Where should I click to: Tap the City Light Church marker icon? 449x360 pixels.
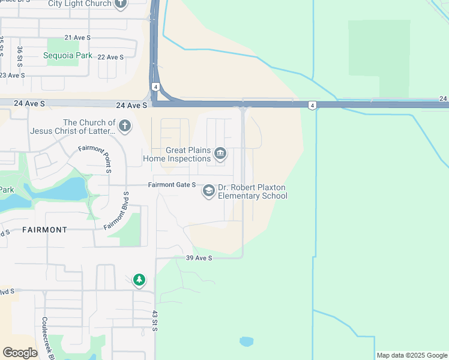click(120, 4)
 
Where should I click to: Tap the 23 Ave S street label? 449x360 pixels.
click(12, 75)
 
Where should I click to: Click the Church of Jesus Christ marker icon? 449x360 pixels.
click(125, 126)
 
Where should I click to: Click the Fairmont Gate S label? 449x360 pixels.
click(172, 185)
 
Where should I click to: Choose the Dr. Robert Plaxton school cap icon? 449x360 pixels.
click(208, 191)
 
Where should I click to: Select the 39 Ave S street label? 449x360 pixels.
click(199, 258)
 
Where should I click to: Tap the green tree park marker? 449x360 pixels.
click(139, 280)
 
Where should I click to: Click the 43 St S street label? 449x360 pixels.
click(154, 321)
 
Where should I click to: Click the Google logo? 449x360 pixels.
click(20, 353)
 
